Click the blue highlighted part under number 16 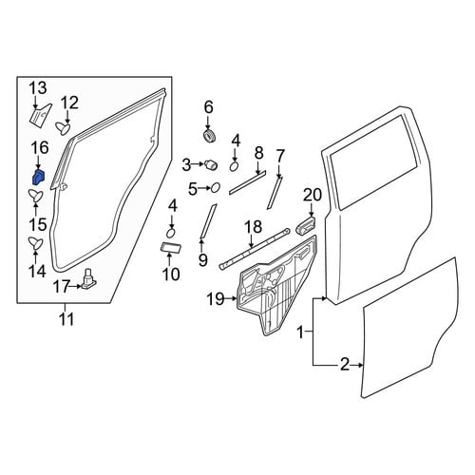point(39,177)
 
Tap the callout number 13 point(39,87)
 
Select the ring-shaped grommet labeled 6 point(209,136)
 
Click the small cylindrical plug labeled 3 point(211,165)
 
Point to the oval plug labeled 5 point(216,188)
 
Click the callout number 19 point(216,298)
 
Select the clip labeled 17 point(89,279)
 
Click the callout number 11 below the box point(67,319)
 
